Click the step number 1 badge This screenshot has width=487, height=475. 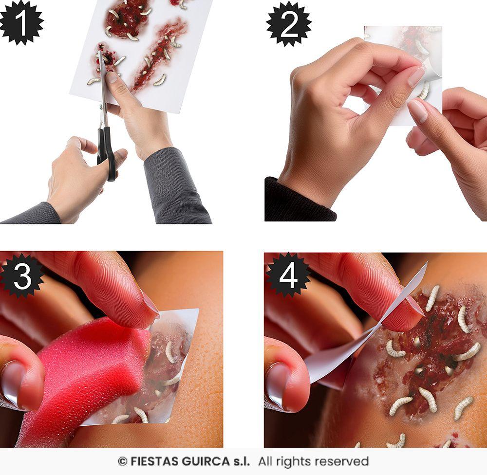pos(20,21)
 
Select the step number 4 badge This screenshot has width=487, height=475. pos(288,275)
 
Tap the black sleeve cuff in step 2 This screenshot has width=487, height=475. pos(297,202)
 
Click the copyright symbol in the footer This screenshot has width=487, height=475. pos(122,461)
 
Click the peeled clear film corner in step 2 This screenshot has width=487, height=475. pos(431,71)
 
